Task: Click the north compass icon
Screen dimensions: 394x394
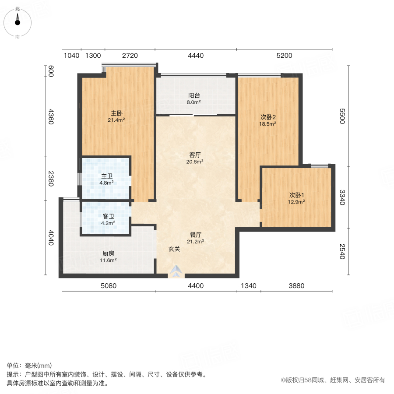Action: (x=18, y=22)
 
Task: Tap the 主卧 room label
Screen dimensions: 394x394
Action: (x=116, y=113)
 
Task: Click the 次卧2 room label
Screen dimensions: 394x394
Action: (x=268, y=117)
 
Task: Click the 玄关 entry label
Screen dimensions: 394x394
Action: (x=174, y=249)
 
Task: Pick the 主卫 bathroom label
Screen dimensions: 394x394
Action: (x=106, y=176)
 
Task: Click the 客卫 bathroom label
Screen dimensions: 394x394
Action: (x=109, y=216)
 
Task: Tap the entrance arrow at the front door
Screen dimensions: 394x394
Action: (x=176, y=272)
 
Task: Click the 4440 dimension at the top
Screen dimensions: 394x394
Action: (x=196, y=56)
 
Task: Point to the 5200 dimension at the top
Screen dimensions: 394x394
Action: (x=284, y=56)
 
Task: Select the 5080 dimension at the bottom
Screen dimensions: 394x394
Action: (x=108, y=286)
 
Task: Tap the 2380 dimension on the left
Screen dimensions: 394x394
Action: (x=51, y=178)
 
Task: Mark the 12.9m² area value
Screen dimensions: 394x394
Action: (x=296, y=202)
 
